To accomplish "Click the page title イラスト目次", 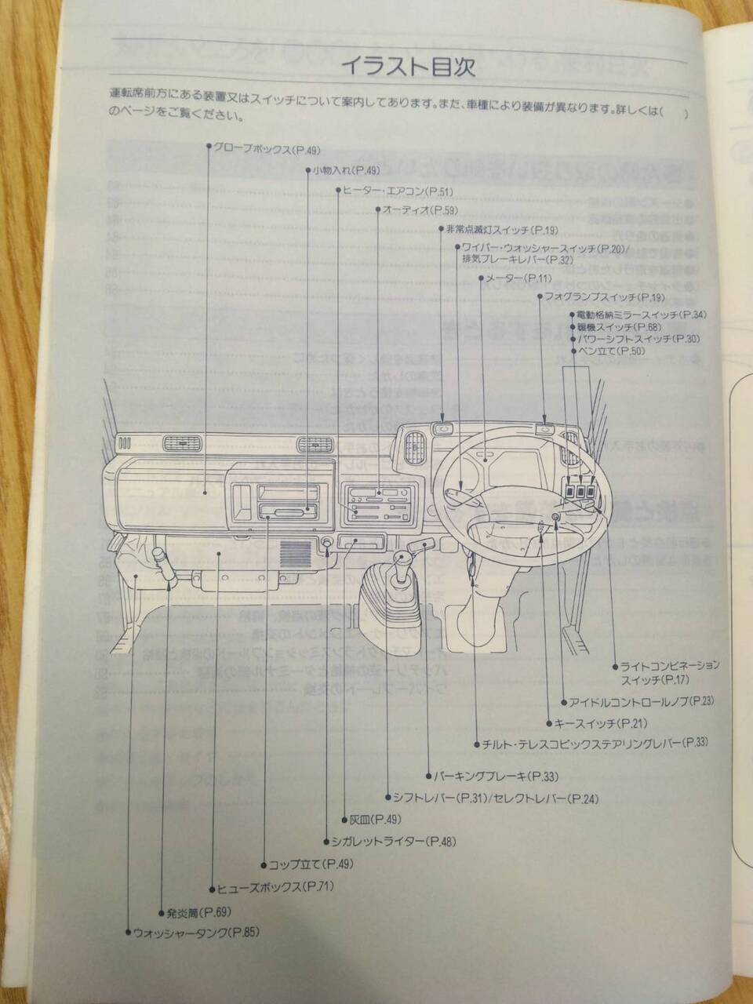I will click(x=407, y=67).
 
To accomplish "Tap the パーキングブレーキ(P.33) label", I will click(x=497, y=777).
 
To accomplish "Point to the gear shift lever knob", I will click(x=401, y=559).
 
